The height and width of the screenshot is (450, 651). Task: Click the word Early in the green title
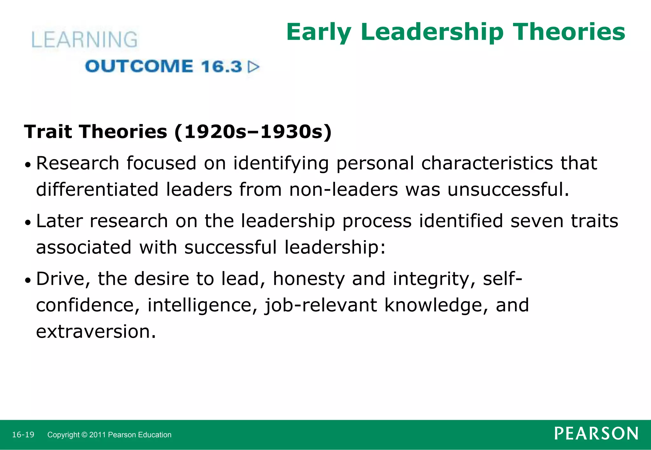click(x=319, y=32)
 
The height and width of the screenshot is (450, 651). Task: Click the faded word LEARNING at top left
click(x=85, y=40)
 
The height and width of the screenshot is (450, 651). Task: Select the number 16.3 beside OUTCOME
click(x=221, y=66)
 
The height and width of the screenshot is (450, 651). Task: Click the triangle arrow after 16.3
click(x=254, y=67)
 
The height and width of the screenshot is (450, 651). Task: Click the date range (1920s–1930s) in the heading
click(x=253, y=131)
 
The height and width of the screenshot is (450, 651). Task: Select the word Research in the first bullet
click(x=78, y=163)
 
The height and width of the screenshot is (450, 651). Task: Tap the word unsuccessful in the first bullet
click(x=508, y=189)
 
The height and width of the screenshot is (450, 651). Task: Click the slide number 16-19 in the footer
click(x=23, y=434)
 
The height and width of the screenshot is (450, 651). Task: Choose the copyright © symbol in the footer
click(x=84, y=435)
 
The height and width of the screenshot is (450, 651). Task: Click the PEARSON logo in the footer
click(x=596, y=433)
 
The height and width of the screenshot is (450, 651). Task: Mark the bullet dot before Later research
click(x=28, y=223)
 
